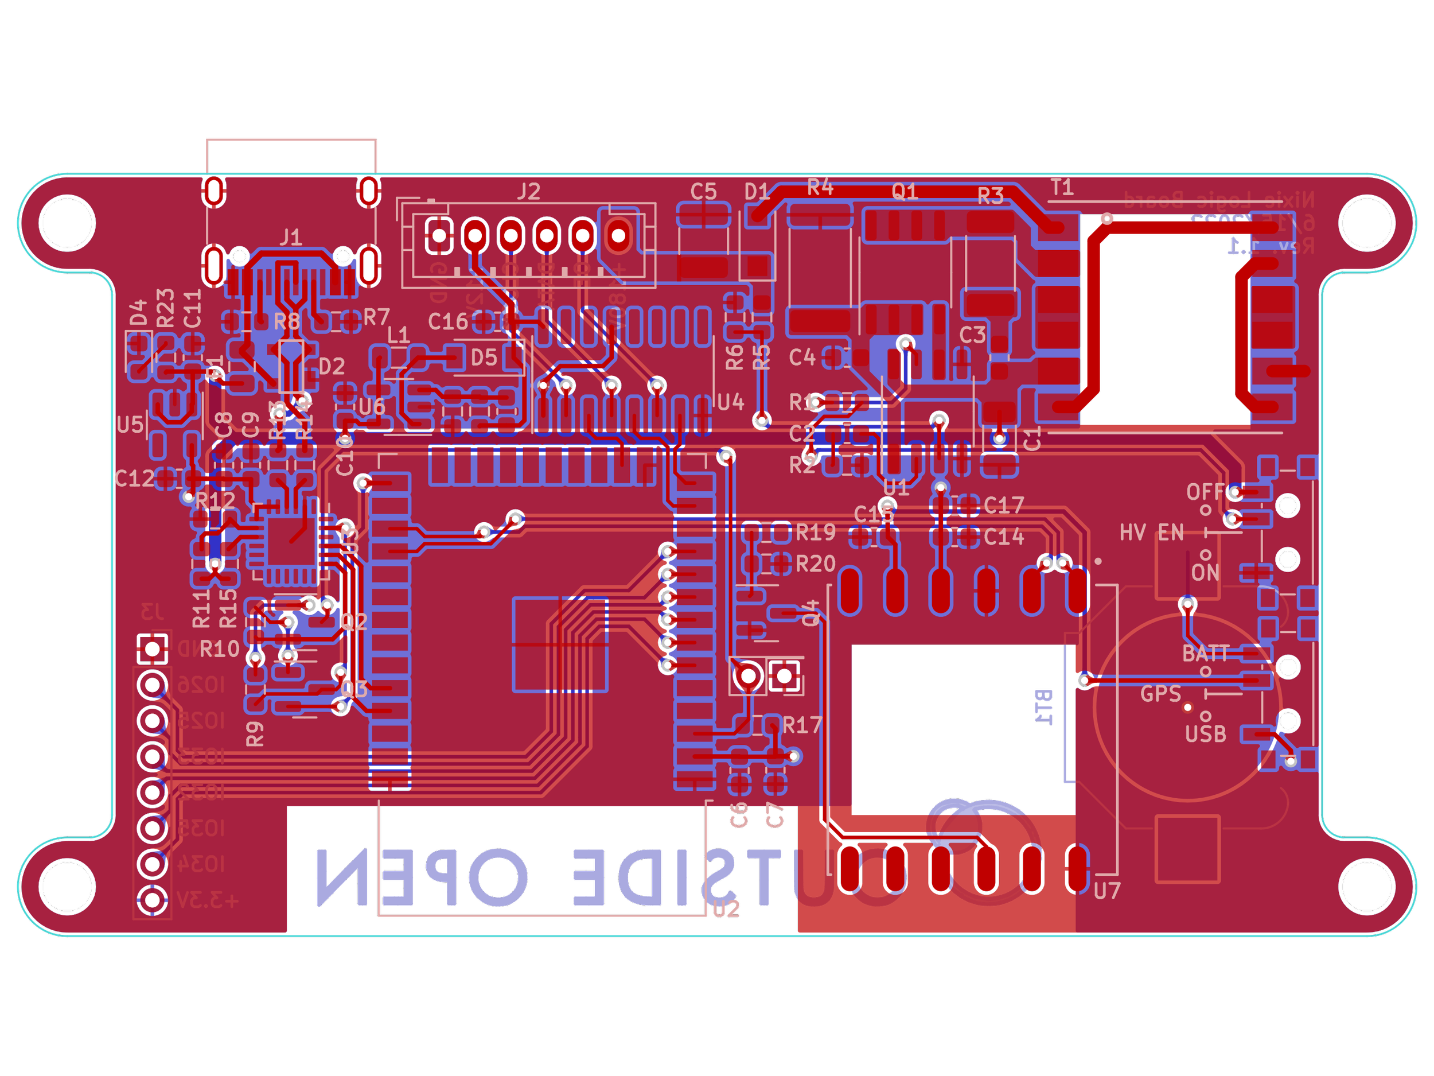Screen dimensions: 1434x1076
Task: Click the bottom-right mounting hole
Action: click(1366, 887)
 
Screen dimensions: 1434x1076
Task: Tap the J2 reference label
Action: click(529, 192)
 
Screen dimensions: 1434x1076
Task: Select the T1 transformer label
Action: click(1062, 188)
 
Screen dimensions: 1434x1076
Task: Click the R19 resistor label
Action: click(816, 533)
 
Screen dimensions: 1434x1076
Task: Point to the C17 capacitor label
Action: click(1004, 505)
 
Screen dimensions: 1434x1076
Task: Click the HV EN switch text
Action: click(1151, 533)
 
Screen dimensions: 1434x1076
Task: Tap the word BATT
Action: click(1205, 654)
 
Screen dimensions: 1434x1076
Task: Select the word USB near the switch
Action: click(1205, 734)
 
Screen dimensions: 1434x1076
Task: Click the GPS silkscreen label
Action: click(1160, 694)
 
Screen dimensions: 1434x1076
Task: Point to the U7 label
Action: click(1106, 891)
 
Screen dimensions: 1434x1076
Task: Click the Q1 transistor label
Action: click(905, 192)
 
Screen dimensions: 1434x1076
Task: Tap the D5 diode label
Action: click(484, 358)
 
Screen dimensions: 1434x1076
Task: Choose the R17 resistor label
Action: click(802, 725)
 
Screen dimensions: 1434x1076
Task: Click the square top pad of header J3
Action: click(153, 648)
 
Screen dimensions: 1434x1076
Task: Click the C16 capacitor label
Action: click(448, 322)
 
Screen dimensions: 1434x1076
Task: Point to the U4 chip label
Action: click(731, 403)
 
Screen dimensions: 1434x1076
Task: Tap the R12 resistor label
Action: click(215, 502)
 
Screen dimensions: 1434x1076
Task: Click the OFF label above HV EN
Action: click(1205, 492)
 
